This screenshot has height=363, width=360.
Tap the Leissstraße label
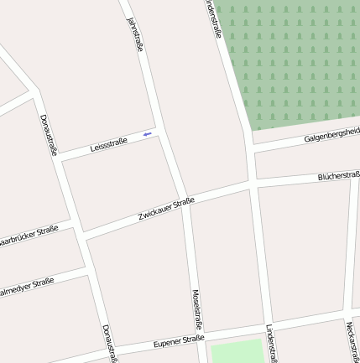coord(108,145)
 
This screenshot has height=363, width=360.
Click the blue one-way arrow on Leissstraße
coord(148,133)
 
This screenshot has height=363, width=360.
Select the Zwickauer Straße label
coord(166,210)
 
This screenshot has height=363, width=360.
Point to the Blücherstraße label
coord(339,176)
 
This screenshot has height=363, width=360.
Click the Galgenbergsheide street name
coord(332,133)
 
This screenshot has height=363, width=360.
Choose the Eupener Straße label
coord(179,342)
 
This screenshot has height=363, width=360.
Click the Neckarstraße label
coord(351,341)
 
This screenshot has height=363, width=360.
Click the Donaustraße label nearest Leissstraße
coord(48,134)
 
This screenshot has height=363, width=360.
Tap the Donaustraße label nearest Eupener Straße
coord(109,344)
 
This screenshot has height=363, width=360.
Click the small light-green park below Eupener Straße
coord(238,352)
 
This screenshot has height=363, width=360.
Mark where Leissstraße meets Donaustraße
coord(60,158)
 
